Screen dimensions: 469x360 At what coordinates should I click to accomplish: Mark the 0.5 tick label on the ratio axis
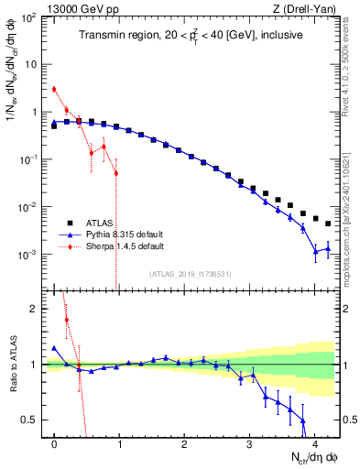pyautogui.click(x=29, y=420)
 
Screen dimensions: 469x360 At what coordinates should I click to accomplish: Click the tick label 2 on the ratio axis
pyautogui.click(x=34, y=309)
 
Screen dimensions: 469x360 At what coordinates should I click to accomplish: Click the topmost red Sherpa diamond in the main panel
pyautogui.click(x=54, y=89)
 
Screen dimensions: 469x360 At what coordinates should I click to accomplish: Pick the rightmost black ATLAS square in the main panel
pyautogui.click(x=328, y=224)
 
